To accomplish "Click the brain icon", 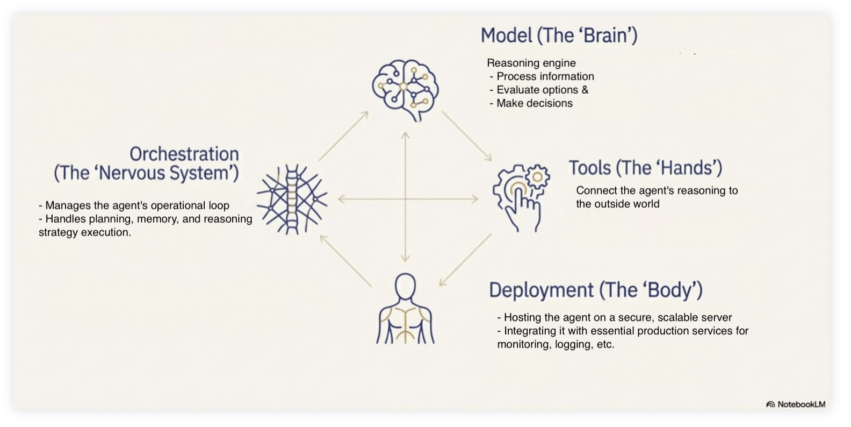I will (x=405, y=89).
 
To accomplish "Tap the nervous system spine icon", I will (x=291, y=200).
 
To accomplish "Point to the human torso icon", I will (x=405, y=310).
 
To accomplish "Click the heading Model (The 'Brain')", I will (x=559, y=35).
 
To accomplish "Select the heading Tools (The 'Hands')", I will (x=645, y=168).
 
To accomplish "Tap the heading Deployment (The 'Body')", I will (x=595, y=290).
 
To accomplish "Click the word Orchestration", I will (x=184, y=154).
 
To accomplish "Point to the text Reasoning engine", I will (x=531, y=63).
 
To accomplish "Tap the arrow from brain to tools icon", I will (x=466, y=136).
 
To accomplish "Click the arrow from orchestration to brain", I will (x=343, y=136).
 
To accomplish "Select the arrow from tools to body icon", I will (x=465, y=260).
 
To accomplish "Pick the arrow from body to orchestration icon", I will (x=345, y=261).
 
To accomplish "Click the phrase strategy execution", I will (x=84, y=232).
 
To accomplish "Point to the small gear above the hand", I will (x=537, y=176).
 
